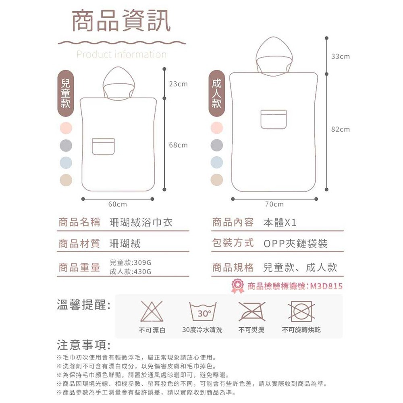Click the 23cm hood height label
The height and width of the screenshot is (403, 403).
tap(178, 84)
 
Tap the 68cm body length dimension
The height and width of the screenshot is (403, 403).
tap(178, 145)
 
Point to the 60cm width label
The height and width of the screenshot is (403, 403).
tap(118, 204)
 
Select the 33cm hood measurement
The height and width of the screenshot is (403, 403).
tap(341, 57)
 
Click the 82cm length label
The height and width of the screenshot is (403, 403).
tap(341, 129)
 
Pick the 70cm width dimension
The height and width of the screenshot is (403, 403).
tap(274, 204)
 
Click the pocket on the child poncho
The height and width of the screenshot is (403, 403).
tap(103, 146)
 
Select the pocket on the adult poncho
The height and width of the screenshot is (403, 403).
tap(273, 119)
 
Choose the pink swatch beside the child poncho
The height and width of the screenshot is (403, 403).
tap(66, 128)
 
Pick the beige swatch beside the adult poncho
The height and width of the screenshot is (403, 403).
tap(217, 179)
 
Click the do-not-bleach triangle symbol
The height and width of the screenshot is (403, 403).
tap(152, 312)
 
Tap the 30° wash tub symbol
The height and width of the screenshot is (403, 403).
tap(203, 312)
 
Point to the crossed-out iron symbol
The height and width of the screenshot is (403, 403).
tap(251, 312)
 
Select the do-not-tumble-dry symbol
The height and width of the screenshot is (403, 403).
tap(301, 312)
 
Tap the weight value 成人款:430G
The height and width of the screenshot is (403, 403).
tap(130, 272)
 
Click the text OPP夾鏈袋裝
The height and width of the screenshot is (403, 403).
tap(295, 243)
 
